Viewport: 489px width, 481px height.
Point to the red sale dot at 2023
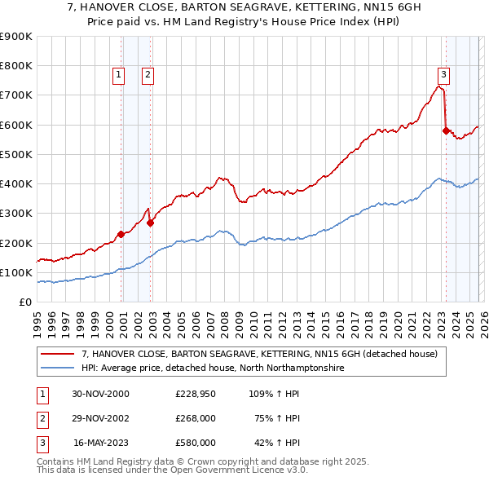(x=446, y=130)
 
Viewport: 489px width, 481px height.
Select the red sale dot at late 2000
(x=121, y=234)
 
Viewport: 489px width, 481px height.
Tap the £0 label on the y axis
(x=24, y=302)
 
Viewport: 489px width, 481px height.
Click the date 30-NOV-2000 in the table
(x=100, y=393)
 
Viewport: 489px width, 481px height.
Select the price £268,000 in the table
(x=196, y=417)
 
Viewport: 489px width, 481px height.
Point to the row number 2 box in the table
(x=42, y=417)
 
